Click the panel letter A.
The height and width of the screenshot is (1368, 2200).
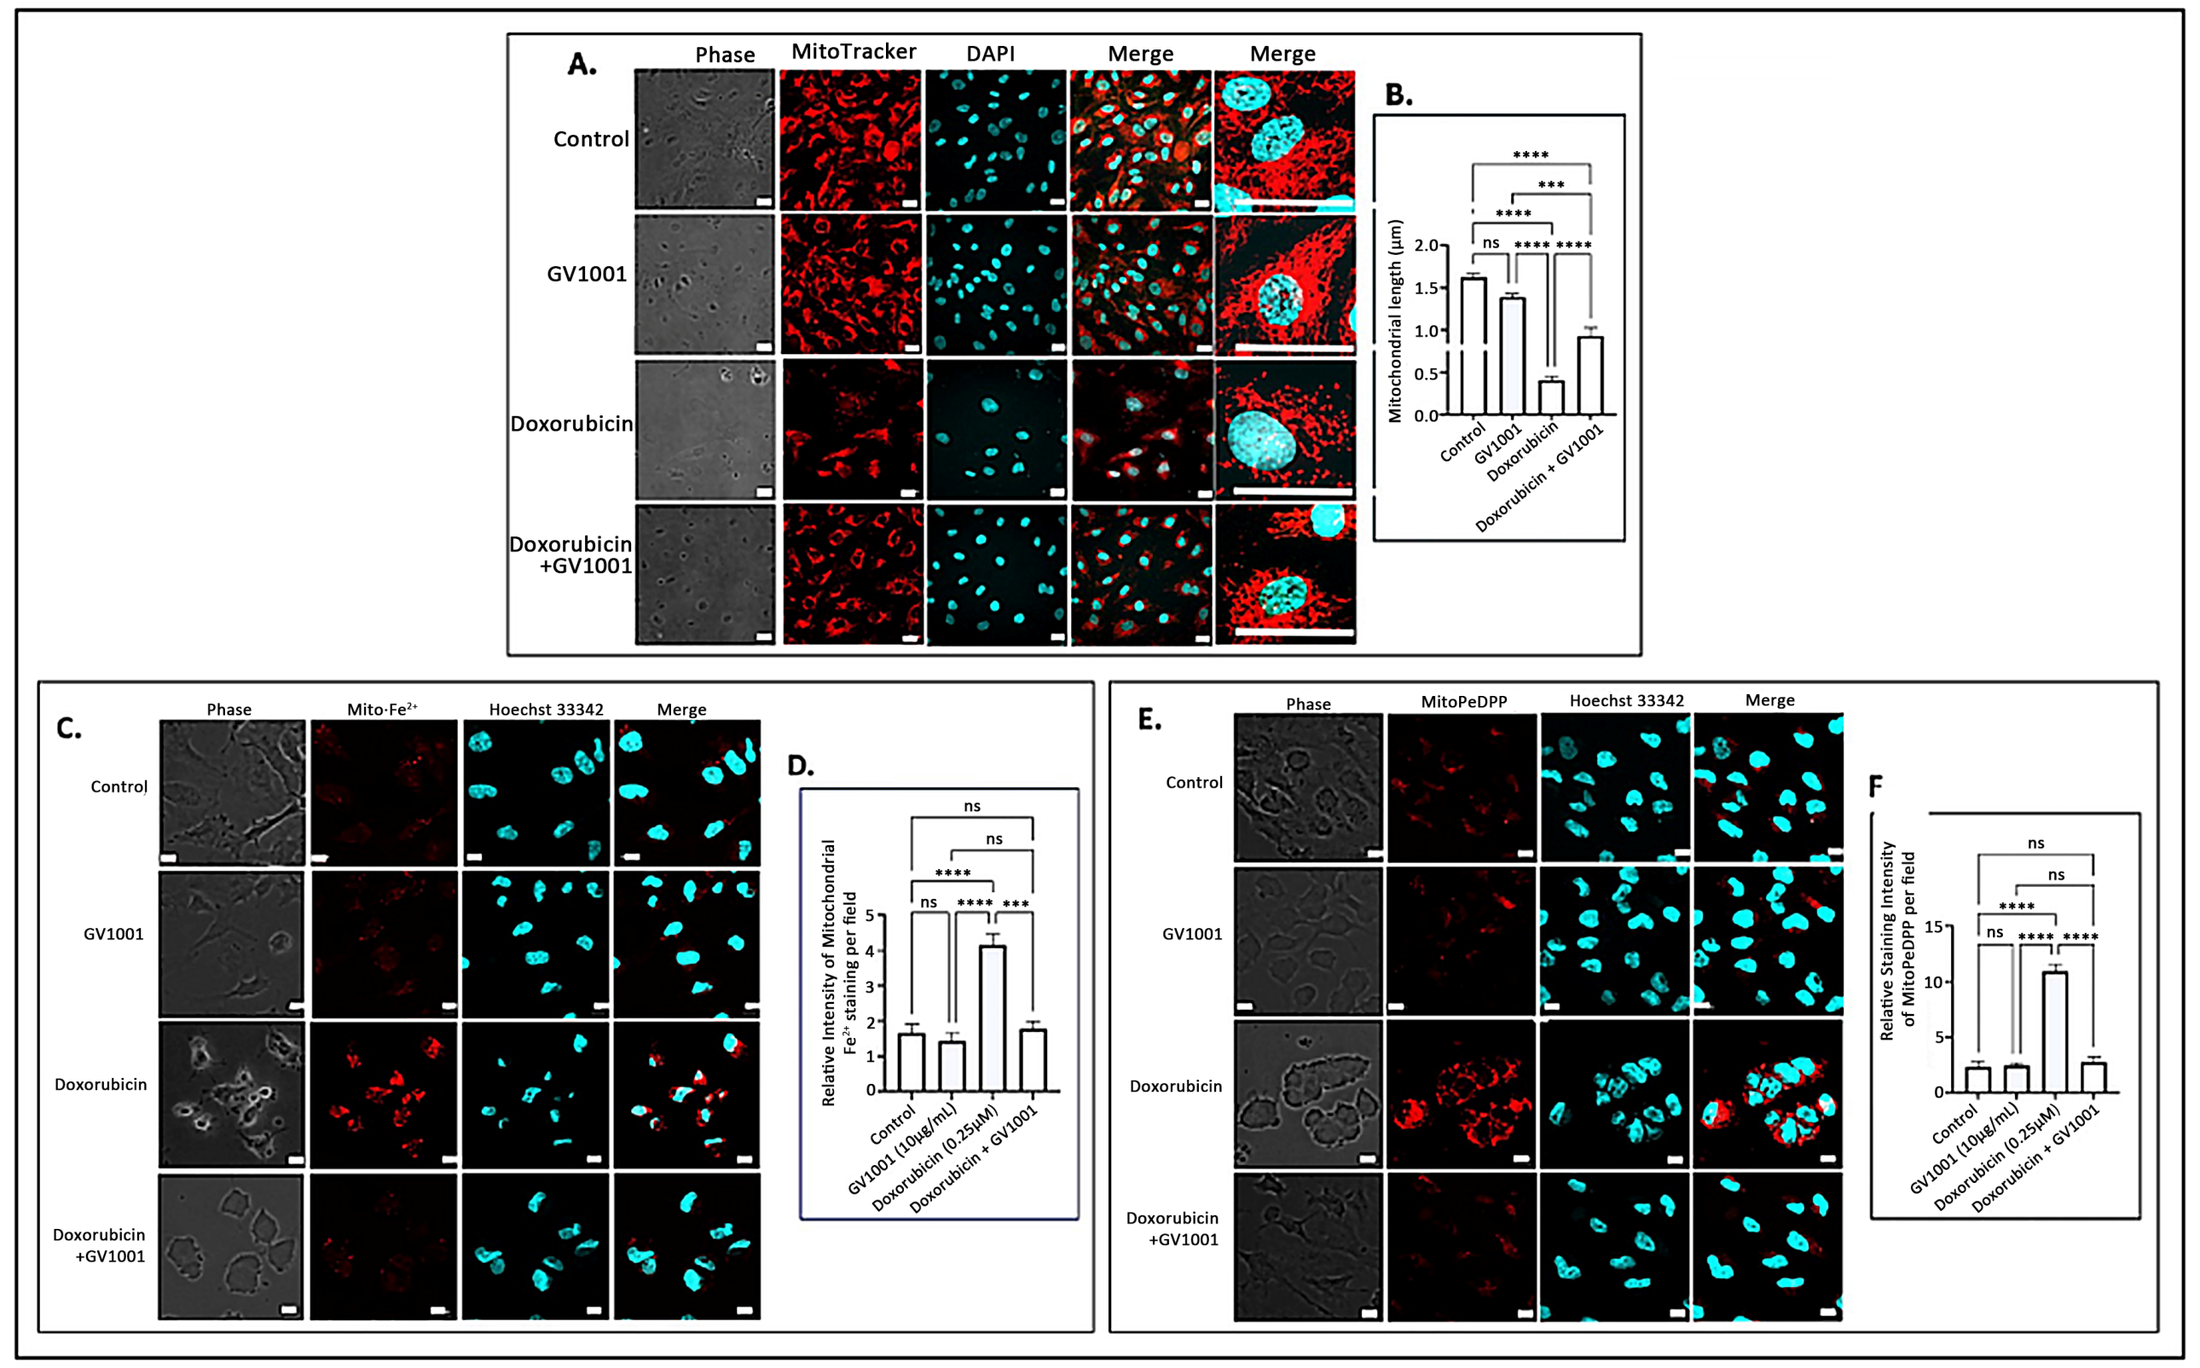pyautogui.click(x=582, y=64)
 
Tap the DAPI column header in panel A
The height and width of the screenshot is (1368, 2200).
pyautogui.click(x=990, y=55)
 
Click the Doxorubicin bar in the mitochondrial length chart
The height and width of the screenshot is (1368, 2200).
pyautogui.click(x=1550, y=397)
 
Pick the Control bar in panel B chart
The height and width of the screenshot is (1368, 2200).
pyautogui.click(x=1473, y=345)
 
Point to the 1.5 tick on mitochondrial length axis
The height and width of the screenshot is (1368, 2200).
pyautogui.click(x=1427, y=287)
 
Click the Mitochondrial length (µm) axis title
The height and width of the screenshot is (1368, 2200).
pyautogui.click(x=1395, y=322)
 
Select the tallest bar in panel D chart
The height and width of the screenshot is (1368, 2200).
pyautogui.click(x=993, y=1017)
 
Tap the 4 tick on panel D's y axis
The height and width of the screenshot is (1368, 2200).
pyautogui.click(x=871, y=951)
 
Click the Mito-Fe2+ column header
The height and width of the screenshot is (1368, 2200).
pyautogui.click(x=382, y=710)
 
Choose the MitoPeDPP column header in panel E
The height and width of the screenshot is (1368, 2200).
pyautogui.click(x=1462, y=701)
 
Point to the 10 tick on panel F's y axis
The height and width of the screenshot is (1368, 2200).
pyautogui.click(x=1932, y=983)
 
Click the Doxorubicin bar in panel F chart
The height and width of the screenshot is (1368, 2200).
pyautogui.click(x=2054, y=1031)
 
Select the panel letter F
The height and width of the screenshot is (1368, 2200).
pyautogui.click(x=1875, y=785)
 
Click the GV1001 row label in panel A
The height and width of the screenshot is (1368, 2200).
pyautogui.click(x=586, y=274)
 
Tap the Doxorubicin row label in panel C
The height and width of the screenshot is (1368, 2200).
pyautogui.click(x=101, y=1084)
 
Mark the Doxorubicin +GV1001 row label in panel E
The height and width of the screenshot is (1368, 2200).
pyautogui.click(x=1173, y=1229)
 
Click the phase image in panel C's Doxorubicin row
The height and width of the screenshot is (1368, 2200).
pyautogui.click(x=232, y=1095)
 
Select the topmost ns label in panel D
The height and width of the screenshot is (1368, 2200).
pyautogui.click(x=971, y=806)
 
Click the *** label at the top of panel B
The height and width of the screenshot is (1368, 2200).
pyautogui.click(x=1550, y=184)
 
